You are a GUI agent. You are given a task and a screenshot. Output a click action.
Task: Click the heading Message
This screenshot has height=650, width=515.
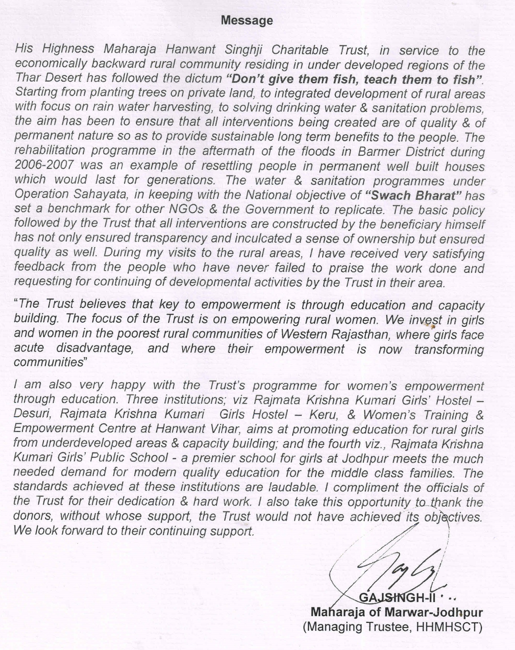(247, 20)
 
